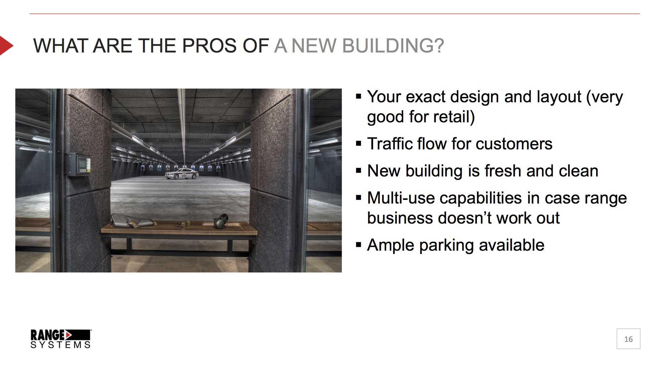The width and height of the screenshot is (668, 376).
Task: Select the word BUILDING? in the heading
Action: pos(393,46)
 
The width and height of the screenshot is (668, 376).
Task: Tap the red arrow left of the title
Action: pos(6,45)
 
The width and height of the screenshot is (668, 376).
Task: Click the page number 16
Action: pos(628,339)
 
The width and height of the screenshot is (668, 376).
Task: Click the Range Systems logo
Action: pos(60,339)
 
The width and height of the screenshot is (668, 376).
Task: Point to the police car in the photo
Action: pos(182,174)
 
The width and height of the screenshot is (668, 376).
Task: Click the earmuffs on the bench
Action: pos(221,221)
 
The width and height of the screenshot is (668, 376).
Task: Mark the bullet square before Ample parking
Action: pos(359,245)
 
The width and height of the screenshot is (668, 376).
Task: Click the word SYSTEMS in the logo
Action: pos(60,345)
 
